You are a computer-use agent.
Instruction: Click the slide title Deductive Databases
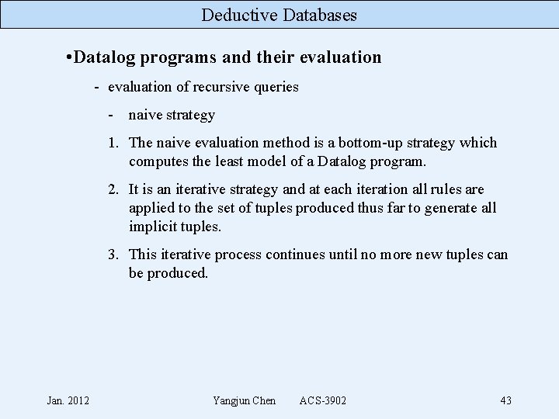tap(279, 14)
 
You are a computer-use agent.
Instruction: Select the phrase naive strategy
tap(172, 115)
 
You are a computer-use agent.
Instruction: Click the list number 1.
tap(113, 143)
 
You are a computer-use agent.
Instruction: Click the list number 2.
tap(113, 189)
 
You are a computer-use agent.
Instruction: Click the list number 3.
tap(113, 255)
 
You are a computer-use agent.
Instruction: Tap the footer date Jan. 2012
tap(68, 400)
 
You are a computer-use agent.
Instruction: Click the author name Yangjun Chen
tap(244, 400)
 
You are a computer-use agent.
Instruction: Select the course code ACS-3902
tap(323, 400)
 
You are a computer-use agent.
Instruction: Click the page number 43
tap(505, 400)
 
